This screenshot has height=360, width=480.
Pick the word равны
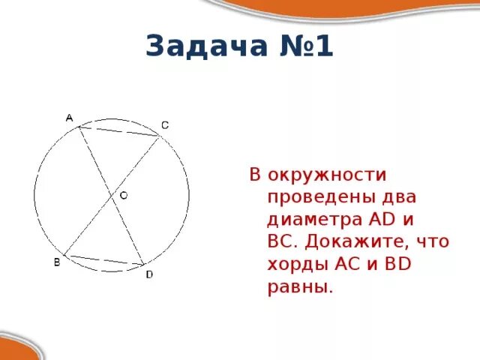click(298, 287)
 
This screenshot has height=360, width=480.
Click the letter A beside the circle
click(69, 118)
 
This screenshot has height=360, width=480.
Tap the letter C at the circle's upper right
click(165, 125)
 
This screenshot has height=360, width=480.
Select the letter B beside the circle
click(57, 262)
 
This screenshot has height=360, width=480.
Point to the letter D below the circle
click(148, 274)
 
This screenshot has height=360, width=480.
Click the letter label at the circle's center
click(124, 195)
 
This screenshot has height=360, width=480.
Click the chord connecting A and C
click(119, 131)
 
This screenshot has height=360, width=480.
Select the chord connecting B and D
click(104, 260)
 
